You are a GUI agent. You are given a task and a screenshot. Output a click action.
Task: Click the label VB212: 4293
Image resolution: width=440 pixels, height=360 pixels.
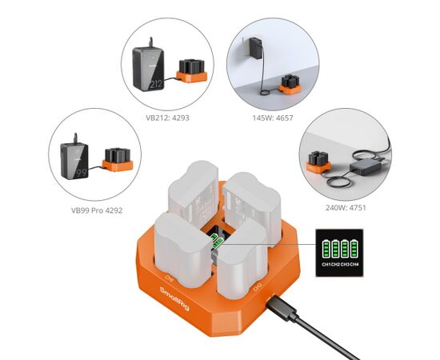click(x=167, y=117)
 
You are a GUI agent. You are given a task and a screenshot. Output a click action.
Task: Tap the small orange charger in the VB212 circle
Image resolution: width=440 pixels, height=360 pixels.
click(x=191, y=70)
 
